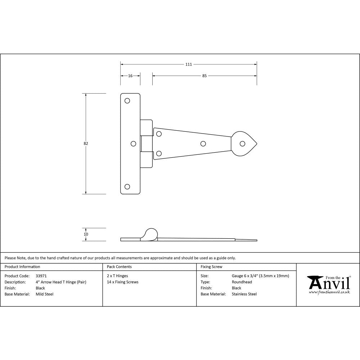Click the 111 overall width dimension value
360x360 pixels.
pos(188,64)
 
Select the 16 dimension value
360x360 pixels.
pos(130,76)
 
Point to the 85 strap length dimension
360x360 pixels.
pos(204,76)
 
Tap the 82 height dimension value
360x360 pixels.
pos(86,143)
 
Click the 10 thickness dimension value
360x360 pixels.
pos(86,234)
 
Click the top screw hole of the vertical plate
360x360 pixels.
pos(127,101)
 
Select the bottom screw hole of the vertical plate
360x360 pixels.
pos(127,186)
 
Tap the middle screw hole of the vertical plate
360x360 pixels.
pos(133,144)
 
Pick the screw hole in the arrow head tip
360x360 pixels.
pos(243,144)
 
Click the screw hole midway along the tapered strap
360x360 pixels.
pos(203,144)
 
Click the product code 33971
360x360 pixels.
pos(41,276)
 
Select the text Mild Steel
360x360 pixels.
pos(45,294)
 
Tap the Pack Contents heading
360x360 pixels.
pos(119,267)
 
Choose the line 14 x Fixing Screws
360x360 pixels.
pos(123,282)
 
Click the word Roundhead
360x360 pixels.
pos(242,282)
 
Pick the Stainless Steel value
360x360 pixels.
pos(244,294)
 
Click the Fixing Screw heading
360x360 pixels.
pos(211,267)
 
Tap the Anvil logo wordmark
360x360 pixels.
pos(328,283)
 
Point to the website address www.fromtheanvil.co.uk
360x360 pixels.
pos(329,292)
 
